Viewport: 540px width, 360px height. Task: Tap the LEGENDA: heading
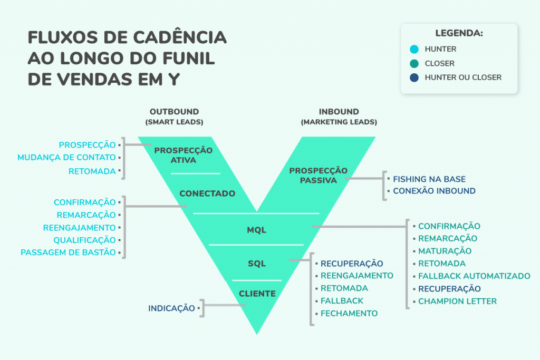pos(459,33)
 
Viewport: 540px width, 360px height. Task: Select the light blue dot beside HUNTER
pos(414,50)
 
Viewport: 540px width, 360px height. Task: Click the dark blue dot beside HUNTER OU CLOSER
pos(414,77)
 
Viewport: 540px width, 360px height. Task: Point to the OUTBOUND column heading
pos(174,112)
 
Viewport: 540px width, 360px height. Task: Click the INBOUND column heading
pos(339,112)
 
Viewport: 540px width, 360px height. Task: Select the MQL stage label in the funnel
pos(257,230)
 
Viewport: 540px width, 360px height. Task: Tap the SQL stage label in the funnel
pos(257,264)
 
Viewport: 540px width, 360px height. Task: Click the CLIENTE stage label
pos(257,294)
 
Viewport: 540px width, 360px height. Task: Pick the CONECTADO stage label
pos(207,194)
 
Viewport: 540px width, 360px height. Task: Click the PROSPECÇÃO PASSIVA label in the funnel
pos(318,176)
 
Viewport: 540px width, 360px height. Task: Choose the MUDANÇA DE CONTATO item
pos(66,158)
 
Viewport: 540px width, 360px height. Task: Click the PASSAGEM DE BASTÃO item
pos(68,252)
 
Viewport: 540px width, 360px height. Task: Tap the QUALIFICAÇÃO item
pos(84,240)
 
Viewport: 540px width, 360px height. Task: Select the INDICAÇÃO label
pos(172,308)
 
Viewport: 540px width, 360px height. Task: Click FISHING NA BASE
pos(429,179)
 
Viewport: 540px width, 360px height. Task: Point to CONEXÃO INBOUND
pos(434,191)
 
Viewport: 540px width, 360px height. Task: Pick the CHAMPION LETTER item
pos(457,301)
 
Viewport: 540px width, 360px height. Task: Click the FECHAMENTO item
pos(349,313)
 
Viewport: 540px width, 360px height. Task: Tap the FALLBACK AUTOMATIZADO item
pos(474,276)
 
